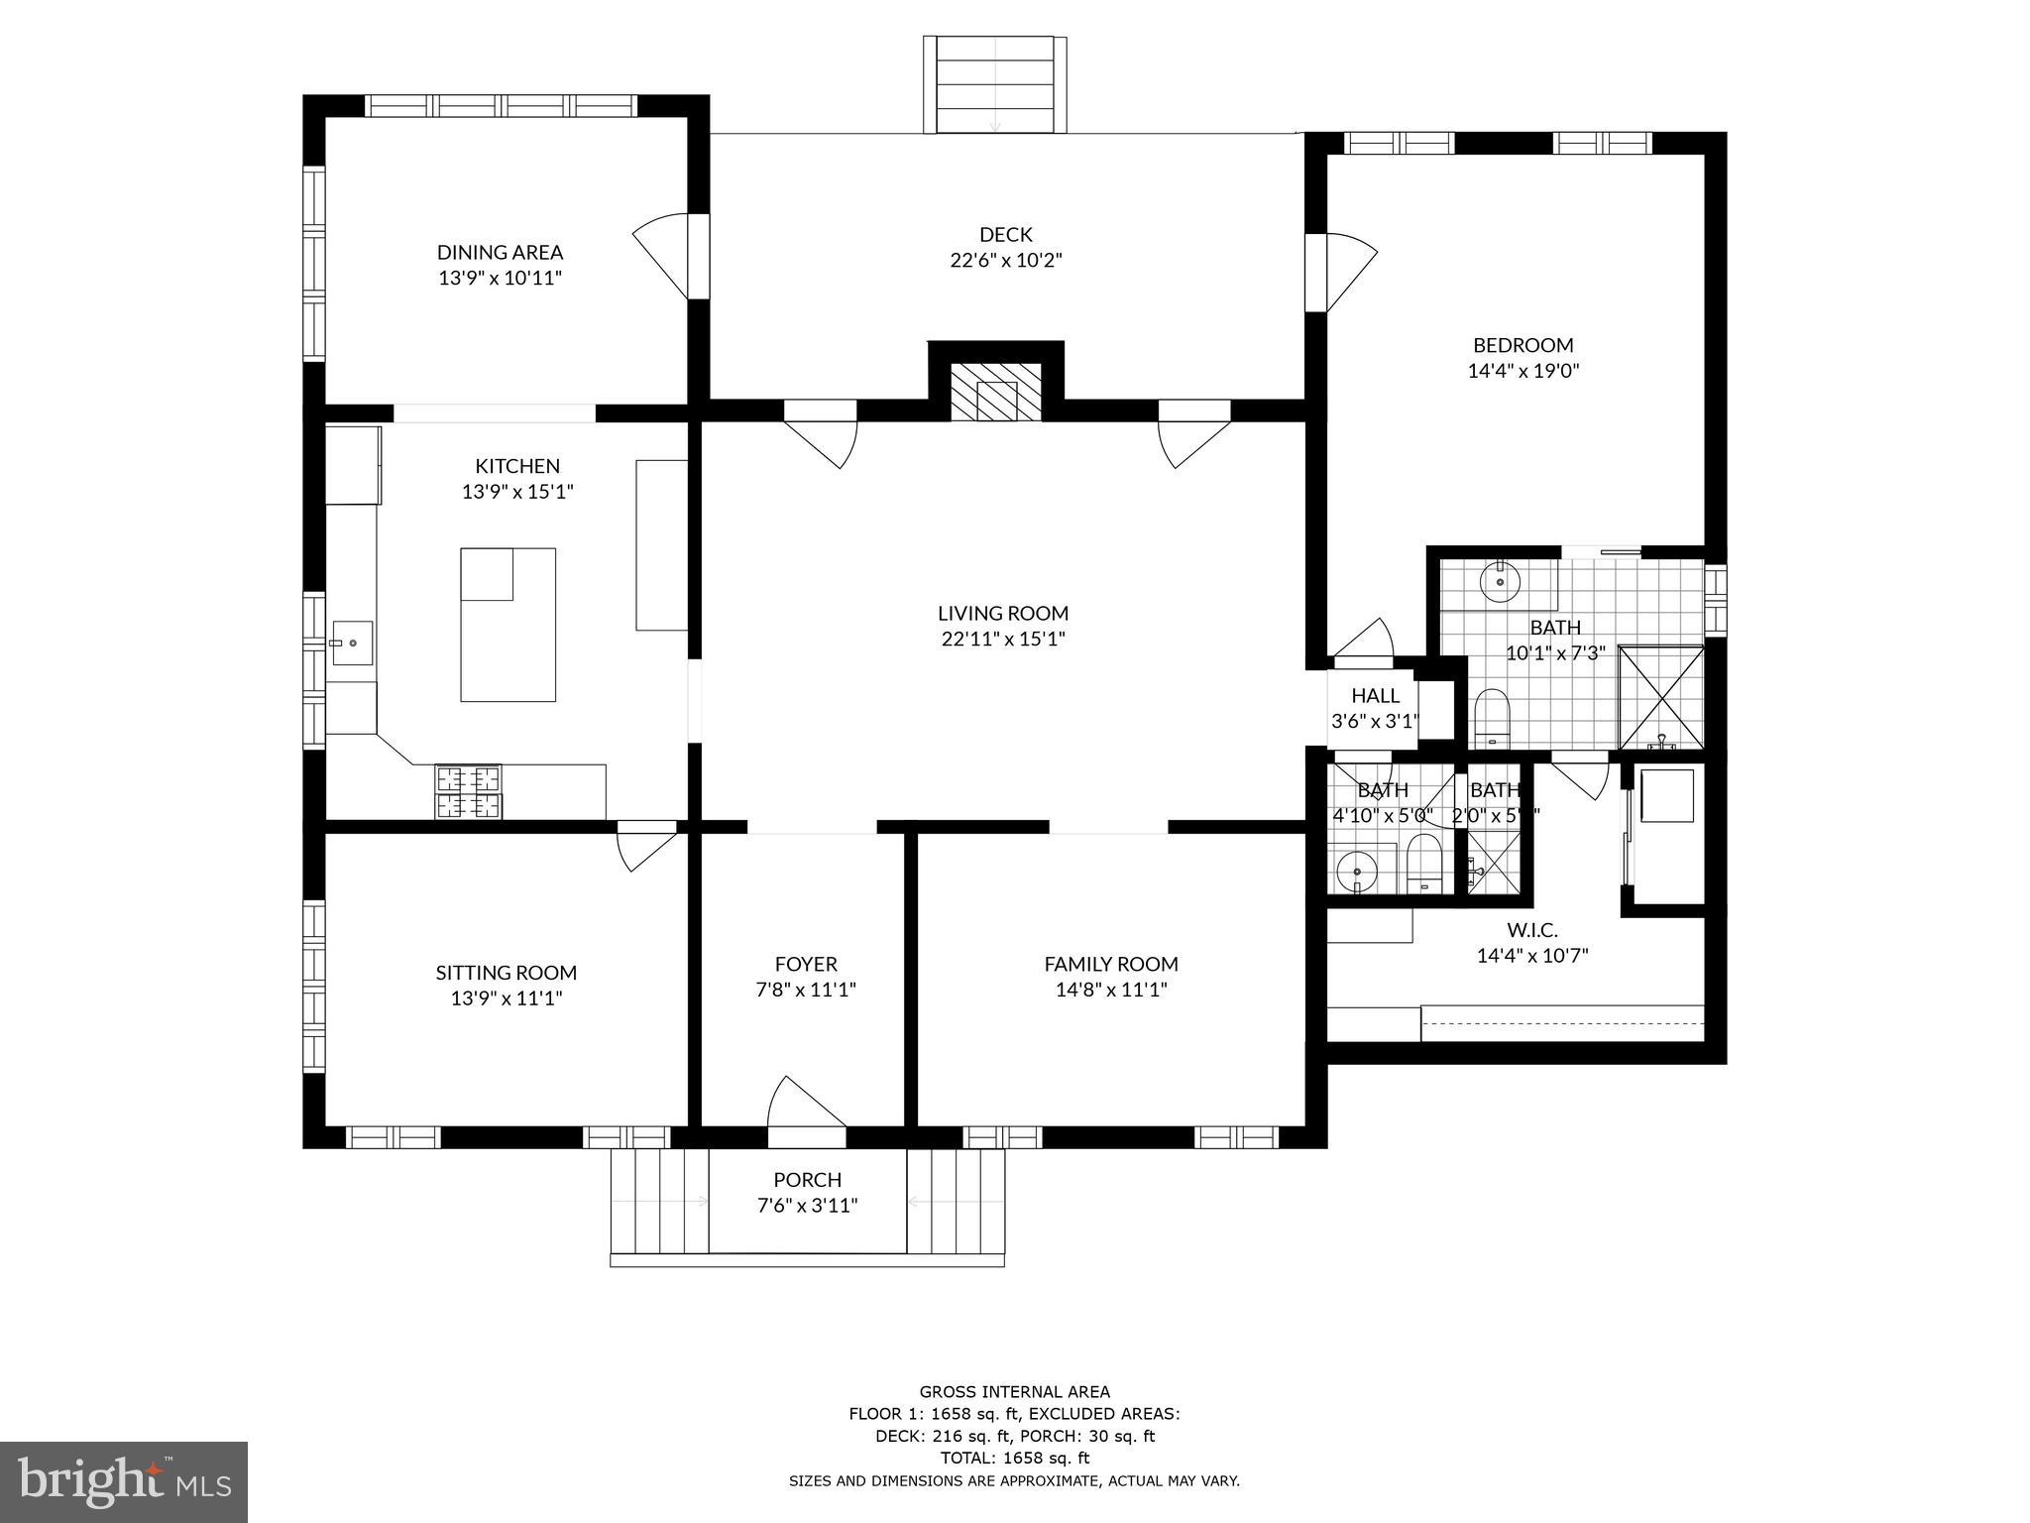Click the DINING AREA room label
(500, 253)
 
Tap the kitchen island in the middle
(507, 625)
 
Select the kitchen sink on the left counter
(351, 643)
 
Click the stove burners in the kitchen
(468, 792)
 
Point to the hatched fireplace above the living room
(996, 393)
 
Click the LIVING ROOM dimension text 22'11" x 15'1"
(1003, 640)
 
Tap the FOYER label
(806, 964)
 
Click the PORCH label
(807, 1180)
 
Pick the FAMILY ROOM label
(1111, 964)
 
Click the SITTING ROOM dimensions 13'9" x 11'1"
(507, 998)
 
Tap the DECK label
(1005, 235)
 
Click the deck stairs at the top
(995, 84)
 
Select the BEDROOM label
(1522, 345)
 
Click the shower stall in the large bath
(1660, 697)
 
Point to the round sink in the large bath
(1500, 581)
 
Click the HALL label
(1375, 696)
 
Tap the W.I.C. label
(1532, 930)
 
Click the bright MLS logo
(124, 1481)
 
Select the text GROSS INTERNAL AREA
(1014, 1392)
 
